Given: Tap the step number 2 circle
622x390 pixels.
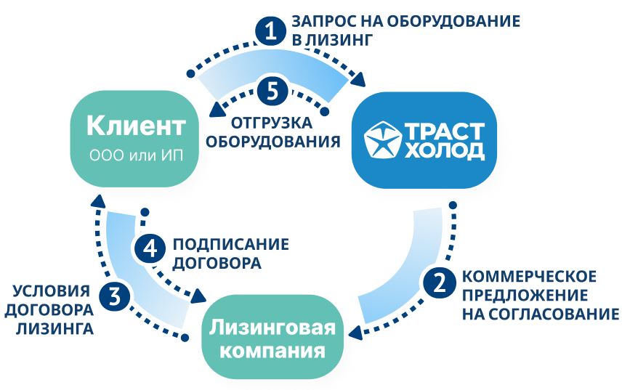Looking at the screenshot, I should (x=437, y=283).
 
